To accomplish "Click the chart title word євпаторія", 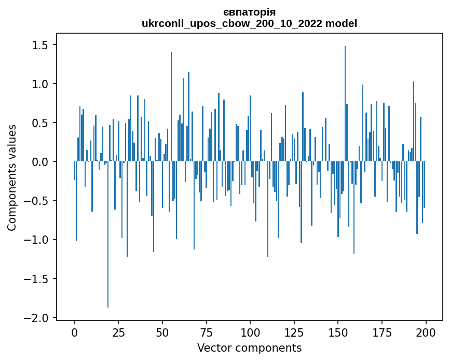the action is [249, 12].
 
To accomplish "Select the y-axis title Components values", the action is [12, 178].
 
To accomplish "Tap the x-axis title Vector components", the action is [249, 348].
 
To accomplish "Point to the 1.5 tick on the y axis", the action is [40, 45].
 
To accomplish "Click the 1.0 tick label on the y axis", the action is [40, 84].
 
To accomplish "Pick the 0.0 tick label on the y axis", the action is [40, 162].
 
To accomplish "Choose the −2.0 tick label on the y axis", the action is [36, 318].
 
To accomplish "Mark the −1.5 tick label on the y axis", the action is [36, 279].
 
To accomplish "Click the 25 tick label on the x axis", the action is [118, 332].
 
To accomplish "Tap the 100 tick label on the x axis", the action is [250, 332].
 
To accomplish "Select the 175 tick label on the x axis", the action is [381, 332].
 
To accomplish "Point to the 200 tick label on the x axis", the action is [426, 332].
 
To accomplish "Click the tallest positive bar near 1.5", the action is [345, 104].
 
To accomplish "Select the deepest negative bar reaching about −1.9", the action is [108, 234].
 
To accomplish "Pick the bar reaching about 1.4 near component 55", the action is [171, 107].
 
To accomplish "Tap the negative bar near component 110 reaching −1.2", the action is [268, 209].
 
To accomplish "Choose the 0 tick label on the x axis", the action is [75, 332].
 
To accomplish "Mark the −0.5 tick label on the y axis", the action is [36, 201].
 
